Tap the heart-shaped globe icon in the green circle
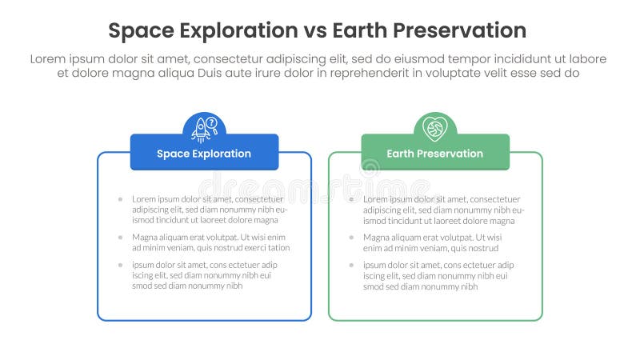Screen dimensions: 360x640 pos(435,128)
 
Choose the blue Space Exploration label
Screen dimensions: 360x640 pos(204,153)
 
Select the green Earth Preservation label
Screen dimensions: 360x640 pos(435,153)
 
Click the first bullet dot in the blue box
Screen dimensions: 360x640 pos(120,199)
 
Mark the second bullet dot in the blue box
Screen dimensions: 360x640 pos(120,238)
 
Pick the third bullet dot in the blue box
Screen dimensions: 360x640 pos(120,265)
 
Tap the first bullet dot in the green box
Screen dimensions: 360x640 pos(351,199)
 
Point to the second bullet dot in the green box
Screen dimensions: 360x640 pos(351,238)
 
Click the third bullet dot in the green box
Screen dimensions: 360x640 pos(351,265)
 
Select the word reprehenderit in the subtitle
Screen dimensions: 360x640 pos(366,73)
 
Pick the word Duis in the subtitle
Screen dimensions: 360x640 pos(203,73)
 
